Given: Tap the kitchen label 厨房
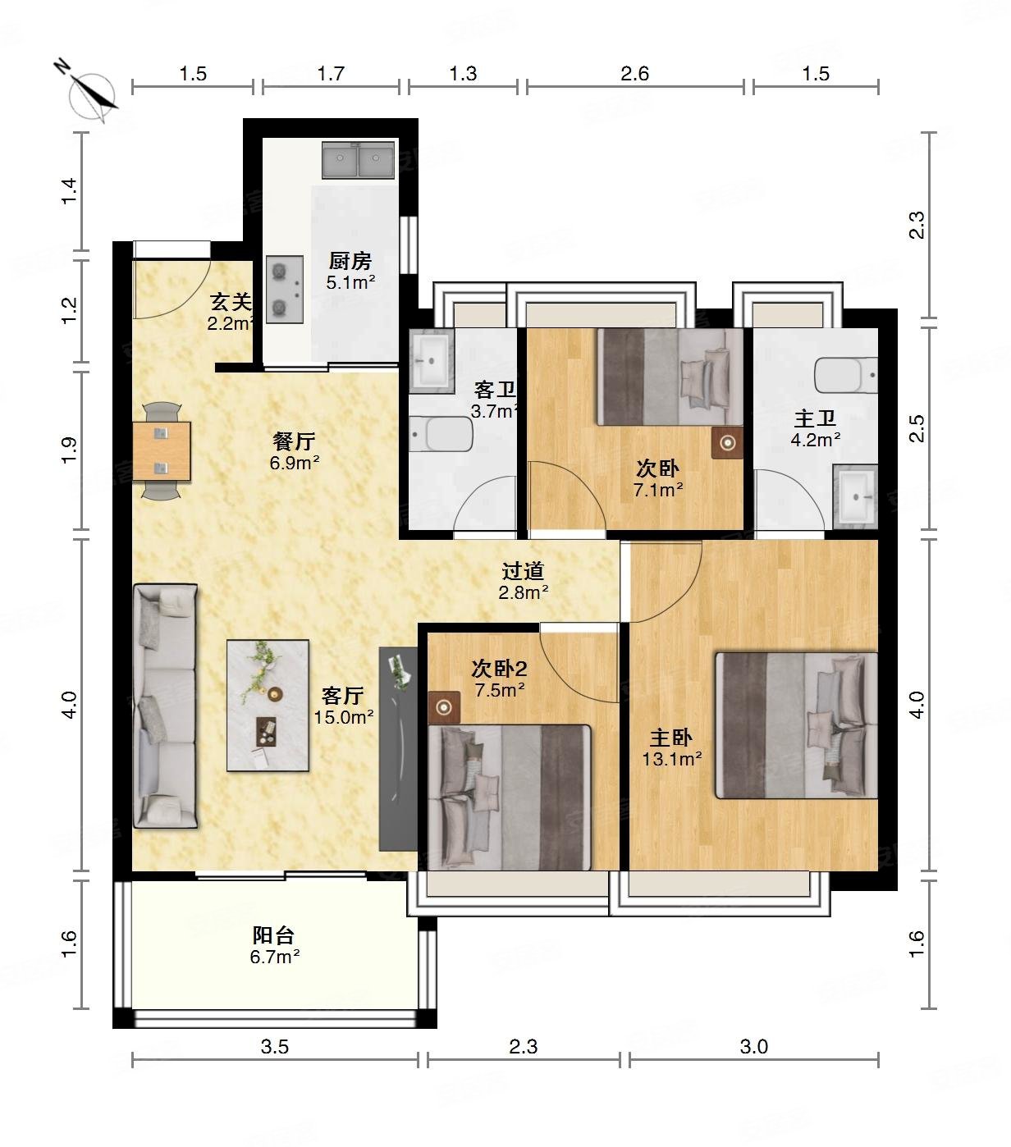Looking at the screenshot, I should pos(350,262).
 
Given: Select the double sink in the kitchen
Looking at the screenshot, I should pos(358,160).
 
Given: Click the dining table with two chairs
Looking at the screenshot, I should pos(162,450).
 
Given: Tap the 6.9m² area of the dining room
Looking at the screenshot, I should pos(294,463).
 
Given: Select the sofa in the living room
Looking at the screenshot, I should pos(165,706).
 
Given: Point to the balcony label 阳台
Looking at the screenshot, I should pos(273,935).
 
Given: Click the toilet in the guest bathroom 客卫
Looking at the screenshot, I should pos(441,434).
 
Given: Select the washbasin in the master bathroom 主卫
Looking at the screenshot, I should pos(855,496).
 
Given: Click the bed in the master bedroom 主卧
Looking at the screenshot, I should pos(796,725).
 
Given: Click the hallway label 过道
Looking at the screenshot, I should pos(523,570).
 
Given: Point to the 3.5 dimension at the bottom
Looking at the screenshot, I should pos(275,1047).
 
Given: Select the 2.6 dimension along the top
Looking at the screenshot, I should pos(634,74).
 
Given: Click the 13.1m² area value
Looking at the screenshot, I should pos(671,759).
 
